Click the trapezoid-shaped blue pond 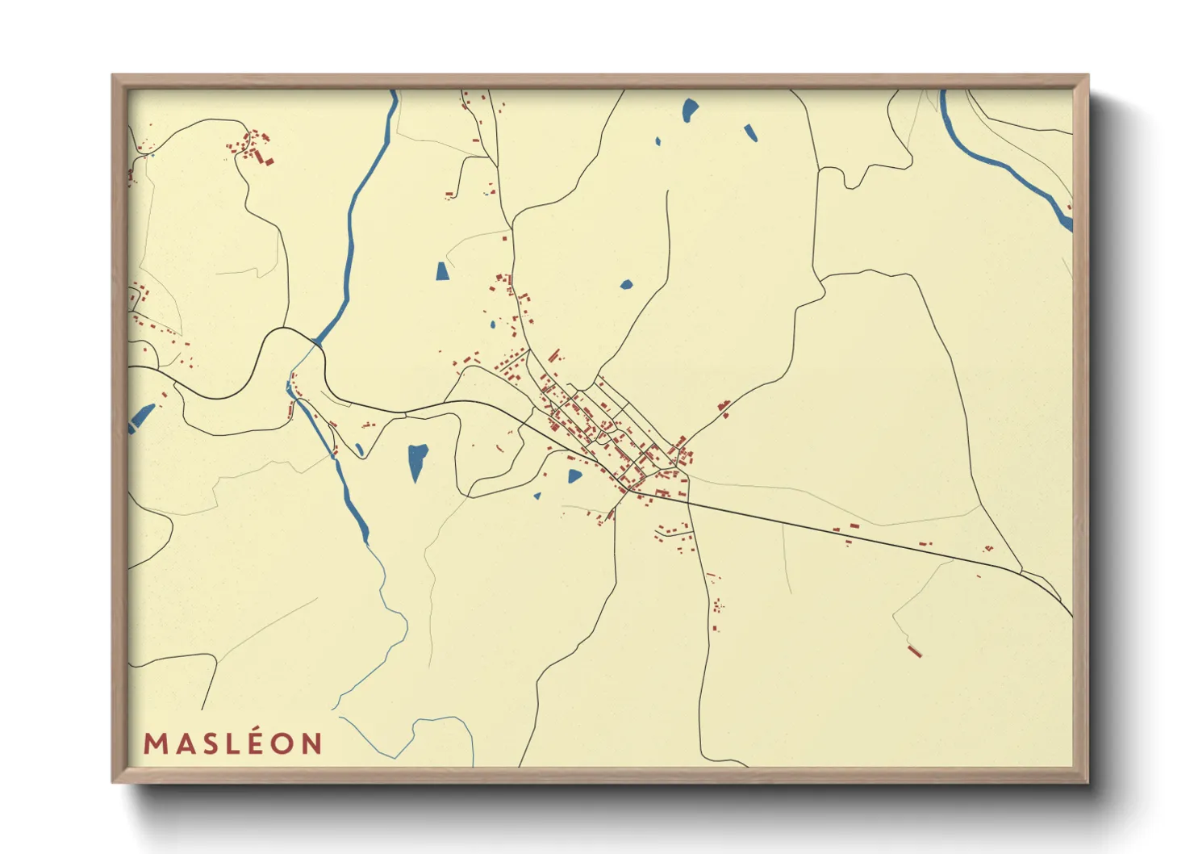click(442, 271)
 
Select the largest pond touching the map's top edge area click(690, 109)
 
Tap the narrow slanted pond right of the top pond click(751, 132)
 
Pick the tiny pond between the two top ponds click(658, 141)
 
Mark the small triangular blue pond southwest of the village click(536, 496)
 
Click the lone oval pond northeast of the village click(626, 284)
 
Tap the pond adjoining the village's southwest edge click(574, 476)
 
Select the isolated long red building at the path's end click(914, 651)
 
